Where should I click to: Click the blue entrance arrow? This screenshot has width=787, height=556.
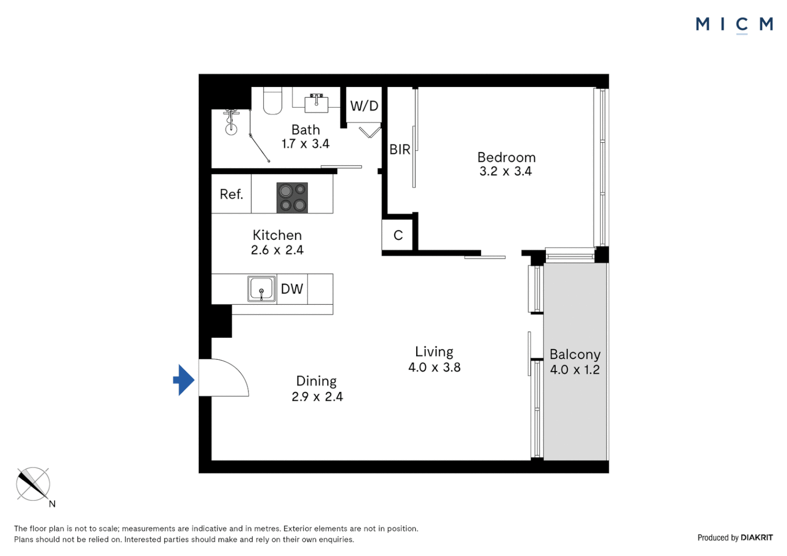(183, 380)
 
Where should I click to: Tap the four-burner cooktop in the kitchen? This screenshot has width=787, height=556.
(292, 198)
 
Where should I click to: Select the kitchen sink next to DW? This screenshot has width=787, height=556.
(261, 289)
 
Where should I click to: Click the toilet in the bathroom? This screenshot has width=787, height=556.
(272, 100)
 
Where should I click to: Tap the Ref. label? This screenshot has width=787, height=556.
(231, 194)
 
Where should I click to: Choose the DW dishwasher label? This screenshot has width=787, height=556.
(292, 289)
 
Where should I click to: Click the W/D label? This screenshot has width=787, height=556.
(364, 106)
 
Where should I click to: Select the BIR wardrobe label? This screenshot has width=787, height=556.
(400, 149)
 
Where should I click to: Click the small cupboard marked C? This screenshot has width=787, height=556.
(398, 235)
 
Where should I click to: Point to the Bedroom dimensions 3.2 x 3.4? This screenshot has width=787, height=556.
(505, 171)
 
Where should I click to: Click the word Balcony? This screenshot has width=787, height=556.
(575, 354)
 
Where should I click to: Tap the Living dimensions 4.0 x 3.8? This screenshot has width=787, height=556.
(434, 367)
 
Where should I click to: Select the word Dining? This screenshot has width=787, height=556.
(316, 381)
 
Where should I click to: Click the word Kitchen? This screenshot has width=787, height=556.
(277, 235)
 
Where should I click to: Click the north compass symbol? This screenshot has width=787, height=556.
(33, 484)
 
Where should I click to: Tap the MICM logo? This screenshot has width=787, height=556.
(734, 24)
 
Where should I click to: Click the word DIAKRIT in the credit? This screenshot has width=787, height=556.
(756, 537)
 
